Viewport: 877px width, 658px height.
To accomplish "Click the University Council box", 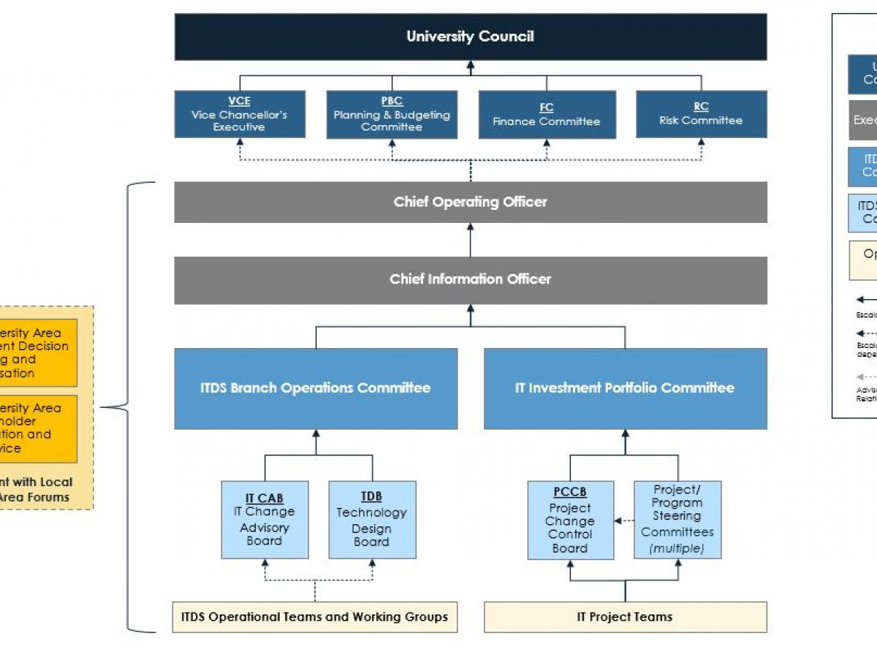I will (x=470, y=37).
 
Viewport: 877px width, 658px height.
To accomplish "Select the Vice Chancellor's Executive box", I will (x=240, y=114).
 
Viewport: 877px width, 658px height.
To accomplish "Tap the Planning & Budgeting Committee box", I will (x=392, y=114).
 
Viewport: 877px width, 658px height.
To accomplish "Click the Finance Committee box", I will (x=547, y=115).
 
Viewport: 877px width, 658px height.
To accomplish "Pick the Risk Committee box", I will (x=701, y=114).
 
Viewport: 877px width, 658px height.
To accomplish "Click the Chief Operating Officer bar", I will (x=470, y=202).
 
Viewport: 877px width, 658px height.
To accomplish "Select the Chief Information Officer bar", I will (x=470, y=279).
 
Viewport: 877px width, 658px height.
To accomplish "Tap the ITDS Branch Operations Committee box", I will (x=316, y=388).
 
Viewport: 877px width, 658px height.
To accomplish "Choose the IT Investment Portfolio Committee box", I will (x=625, y=388).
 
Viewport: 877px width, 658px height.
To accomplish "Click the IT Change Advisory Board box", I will (x=265, y=520).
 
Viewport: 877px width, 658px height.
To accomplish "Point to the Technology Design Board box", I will (x=372, y=520).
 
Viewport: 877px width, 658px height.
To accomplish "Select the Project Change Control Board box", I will (x=570, y=521).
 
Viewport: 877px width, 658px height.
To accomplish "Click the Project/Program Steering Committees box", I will (x=677, y=520).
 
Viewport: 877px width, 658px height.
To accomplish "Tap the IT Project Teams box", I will (x=625, y=617).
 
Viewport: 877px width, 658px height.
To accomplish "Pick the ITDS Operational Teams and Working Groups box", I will (x=315, y=617).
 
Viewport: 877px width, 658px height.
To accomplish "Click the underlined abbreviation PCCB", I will (x=570, y=493).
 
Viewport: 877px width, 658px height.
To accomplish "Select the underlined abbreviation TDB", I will (x=371, y=497).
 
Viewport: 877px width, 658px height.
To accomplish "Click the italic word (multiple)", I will (x=677, y=548).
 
